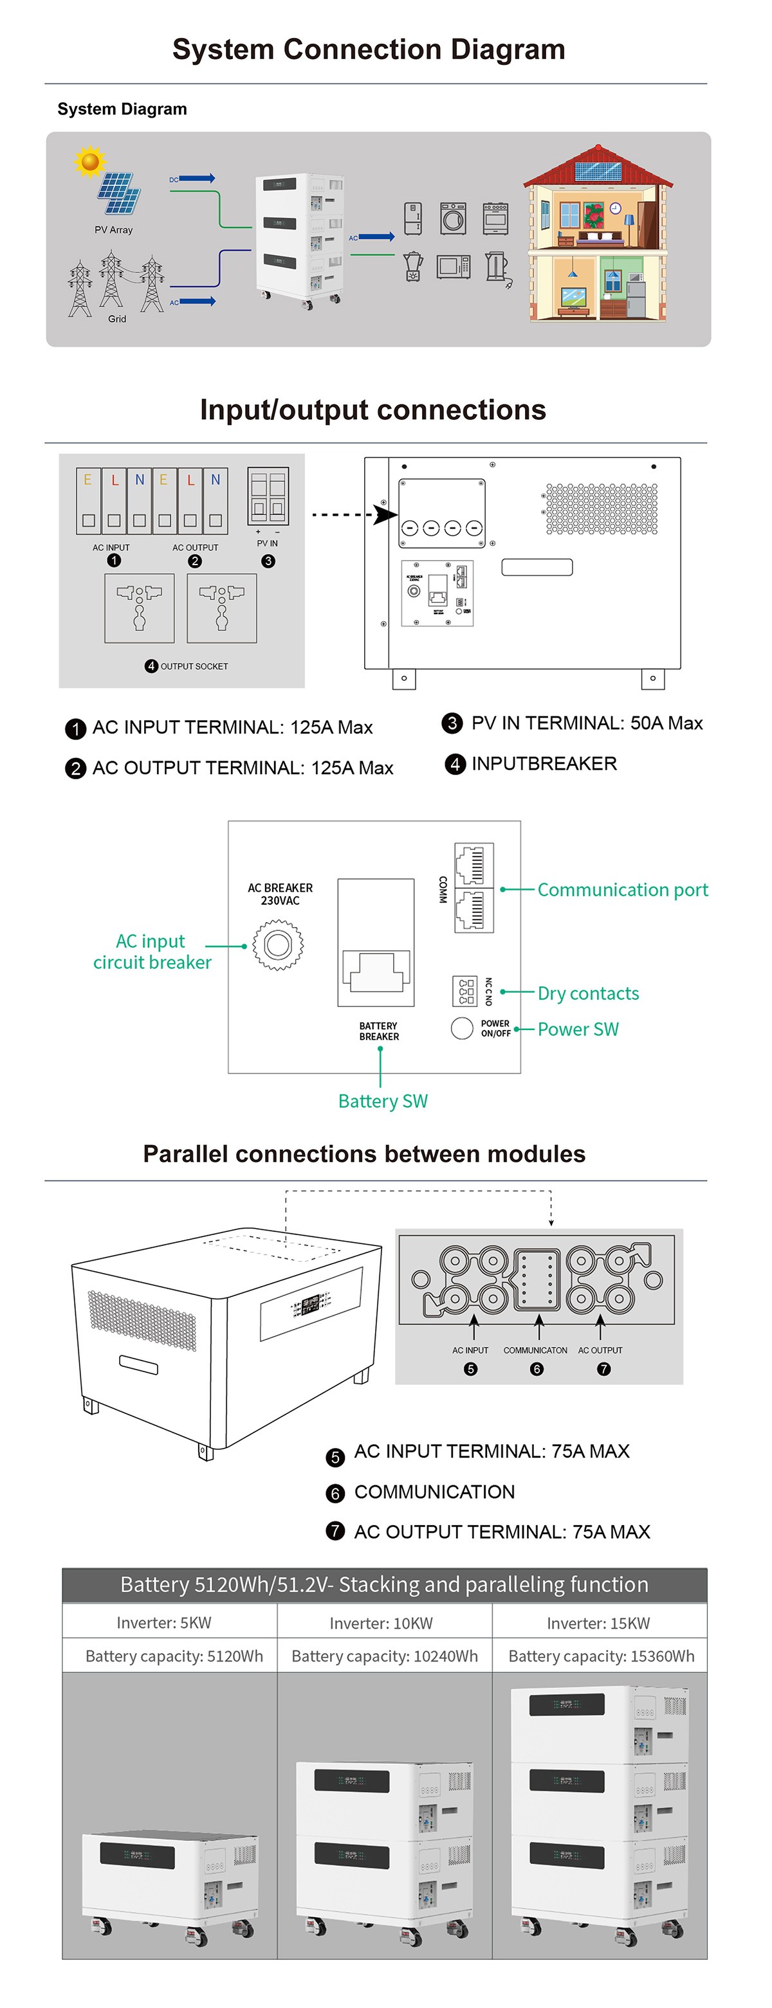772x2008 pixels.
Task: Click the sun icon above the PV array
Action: click(89, 161)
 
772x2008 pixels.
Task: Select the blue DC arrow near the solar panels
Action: click(196, 179)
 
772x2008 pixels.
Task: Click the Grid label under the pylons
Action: click(117, 319)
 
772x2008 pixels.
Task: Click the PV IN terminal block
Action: click(268, 496)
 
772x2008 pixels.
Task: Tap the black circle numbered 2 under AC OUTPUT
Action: click(195, 561)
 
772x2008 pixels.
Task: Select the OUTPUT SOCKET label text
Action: click(194, 667)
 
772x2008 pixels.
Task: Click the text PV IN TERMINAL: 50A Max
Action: click(587, 723)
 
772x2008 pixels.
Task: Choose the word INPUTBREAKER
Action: click(544, 764)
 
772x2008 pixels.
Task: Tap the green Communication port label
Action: click(622, 890)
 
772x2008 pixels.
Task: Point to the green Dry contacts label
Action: click(588, 994)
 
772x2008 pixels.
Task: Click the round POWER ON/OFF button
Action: click(462, 1028)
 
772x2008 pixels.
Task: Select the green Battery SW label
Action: click(383, 1101)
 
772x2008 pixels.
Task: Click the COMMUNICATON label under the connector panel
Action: click(535, 1350)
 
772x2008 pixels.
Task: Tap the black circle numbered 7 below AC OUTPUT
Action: click(603, 1369)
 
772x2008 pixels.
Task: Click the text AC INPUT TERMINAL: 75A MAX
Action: click(492, 1451)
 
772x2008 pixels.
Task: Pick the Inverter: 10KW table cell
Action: click(381, 1623)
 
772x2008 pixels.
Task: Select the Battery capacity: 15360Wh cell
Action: click(600, 1656)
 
